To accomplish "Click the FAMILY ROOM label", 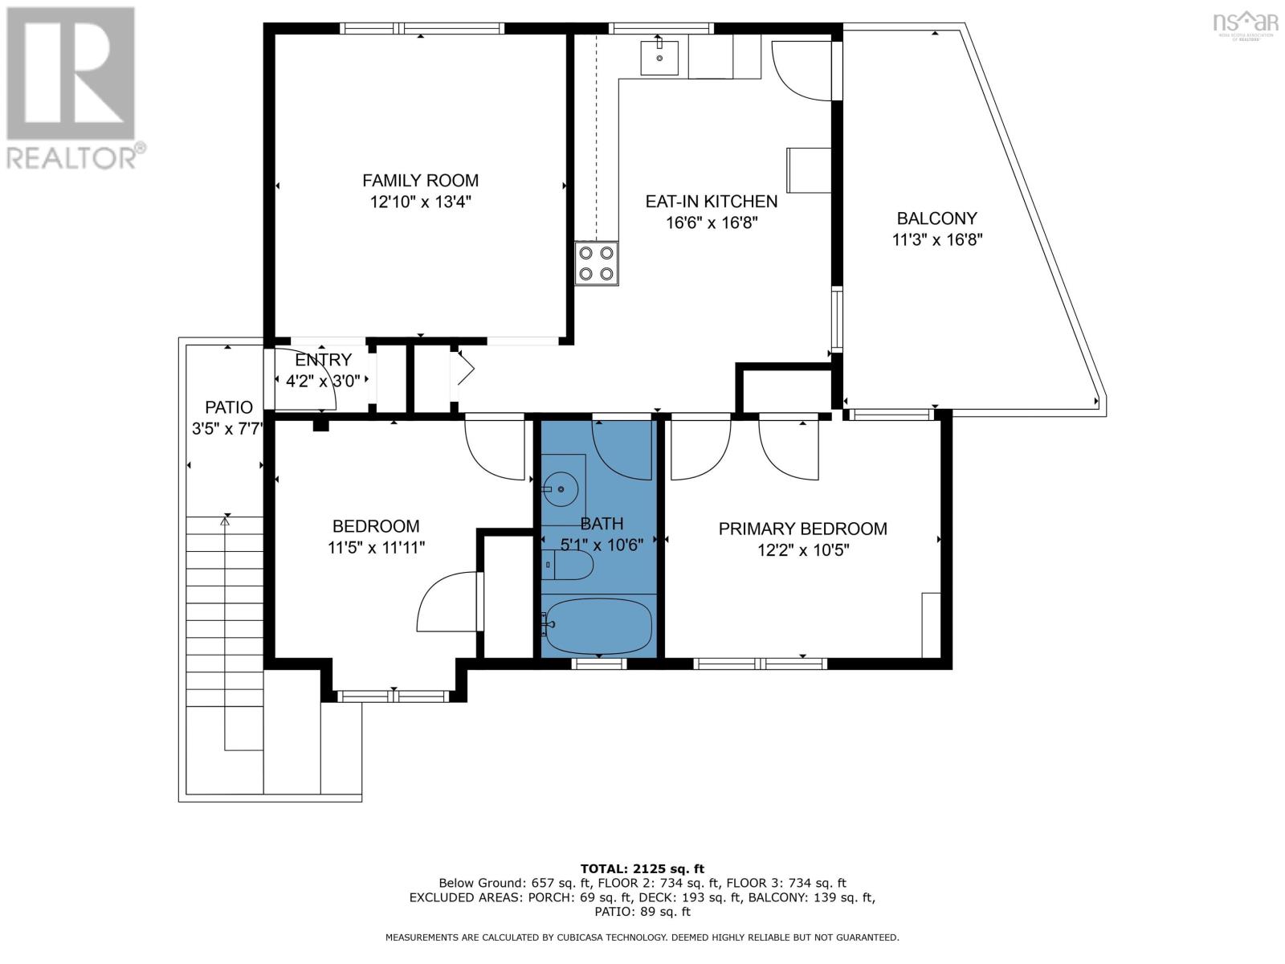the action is (x=420, y=180).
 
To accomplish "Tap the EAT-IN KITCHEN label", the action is (x=711, y=202).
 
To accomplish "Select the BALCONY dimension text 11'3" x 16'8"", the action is (x=936, y=240).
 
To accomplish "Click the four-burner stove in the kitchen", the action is (x=596, y=263).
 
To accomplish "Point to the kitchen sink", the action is (x=659, y=58).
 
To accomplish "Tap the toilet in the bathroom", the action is (x=567, y=565).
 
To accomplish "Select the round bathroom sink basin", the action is (x=561, y=488).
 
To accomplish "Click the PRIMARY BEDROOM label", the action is (x=802, y=529).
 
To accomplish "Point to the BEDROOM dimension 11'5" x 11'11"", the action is (x=376, y=548).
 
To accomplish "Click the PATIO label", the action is (x=228, y=407).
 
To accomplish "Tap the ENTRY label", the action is (x=323, y=359).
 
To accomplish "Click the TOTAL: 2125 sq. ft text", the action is (x=642, y=868).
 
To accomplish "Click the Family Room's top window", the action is (x=422, y=28).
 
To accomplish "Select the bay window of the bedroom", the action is (x=393, y=696).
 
